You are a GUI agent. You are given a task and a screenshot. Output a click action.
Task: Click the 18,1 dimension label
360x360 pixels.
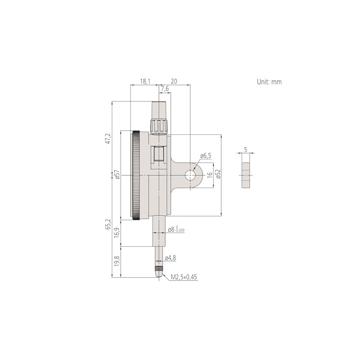(144, 81)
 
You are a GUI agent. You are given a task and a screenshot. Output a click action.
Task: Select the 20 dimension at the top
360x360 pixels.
(174, 81)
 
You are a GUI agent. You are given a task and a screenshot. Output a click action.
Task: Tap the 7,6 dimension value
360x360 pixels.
(164, 89)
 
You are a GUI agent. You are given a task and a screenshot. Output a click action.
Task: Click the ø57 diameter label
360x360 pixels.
(117, 175)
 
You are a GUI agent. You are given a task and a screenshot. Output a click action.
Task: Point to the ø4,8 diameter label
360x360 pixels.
(170, 258)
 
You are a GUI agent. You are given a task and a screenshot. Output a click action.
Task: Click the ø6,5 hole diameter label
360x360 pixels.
(205, 156)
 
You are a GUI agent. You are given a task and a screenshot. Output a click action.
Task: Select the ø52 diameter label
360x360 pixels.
(218, 175)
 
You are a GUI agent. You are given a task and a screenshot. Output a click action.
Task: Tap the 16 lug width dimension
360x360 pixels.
(209, 175)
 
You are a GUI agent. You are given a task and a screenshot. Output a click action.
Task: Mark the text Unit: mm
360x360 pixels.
(269, 82)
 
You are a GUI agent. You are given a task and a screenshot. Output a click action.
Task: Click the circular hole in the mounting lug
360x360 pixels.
(191, 175)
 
